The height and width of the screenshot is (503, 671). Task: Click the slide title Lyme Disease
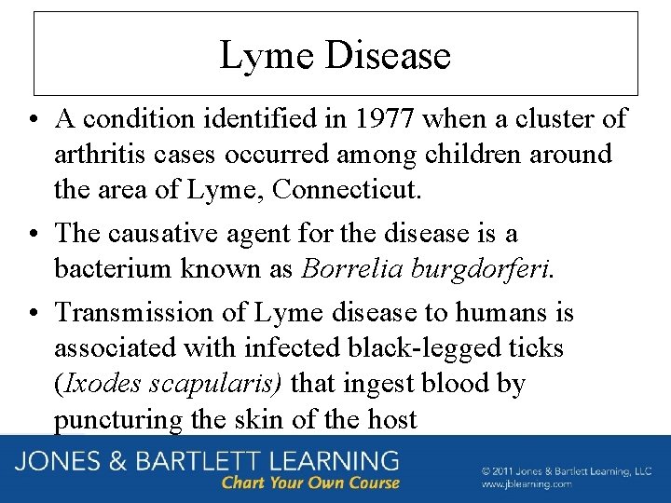(335, 56)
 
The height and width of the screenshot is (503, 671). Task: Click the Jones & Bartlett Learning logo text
(205, 461)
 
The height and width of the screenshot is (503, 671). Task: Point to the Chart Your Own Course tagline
(310, 483)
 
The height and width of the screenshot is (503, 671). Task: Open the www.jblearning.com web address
(526, 484)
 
